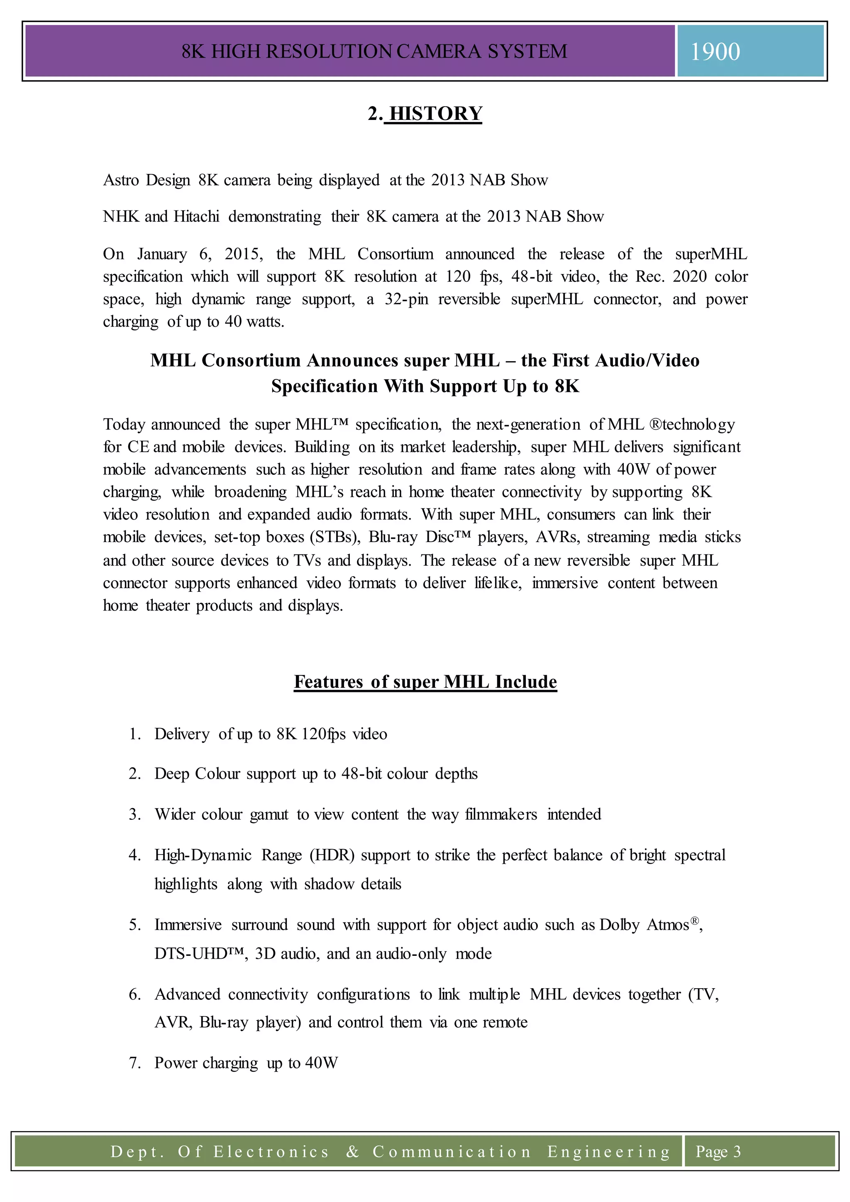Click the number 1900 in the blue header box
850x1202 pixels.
click(x=715, y=52)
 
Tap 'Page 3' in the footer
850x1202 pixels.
click(x=718, y=1151)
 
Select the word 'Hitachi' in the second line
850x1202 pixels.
click(x=196, y=216)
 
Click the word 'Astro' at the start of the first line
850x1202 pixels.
click(x=120, y=180)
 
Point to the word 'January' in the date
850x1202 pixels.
click(x=162, y=254)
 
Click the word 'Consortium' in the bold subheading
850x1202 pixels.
click(x=251, y=360)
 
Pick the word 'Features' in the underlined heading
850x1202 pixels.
click(x=328, y=682)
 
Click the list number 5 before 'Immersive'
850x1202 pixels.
click(x=134, y=925)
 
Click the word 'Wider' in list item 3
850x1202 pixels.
click(x=175, y=815)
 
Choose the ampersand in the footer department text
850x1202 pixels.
click(x=353, y=1151)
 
